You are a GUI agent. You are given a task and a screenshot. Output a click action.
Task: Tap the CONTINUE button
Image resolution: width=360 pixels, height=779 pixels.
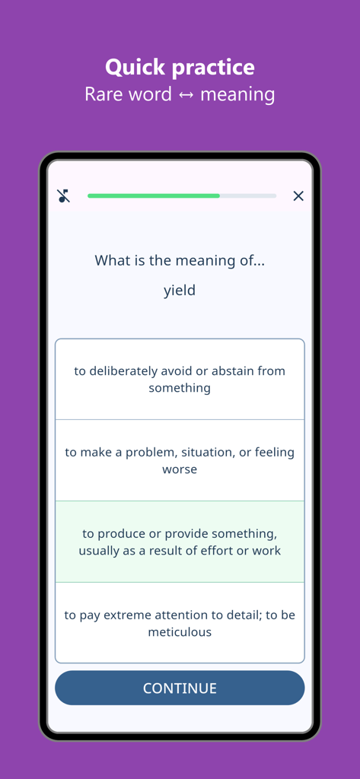tap(180, 688)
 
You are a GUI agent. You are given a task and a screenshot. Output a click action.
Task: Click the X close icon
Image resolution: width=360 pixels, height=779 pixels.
tap(298, 196)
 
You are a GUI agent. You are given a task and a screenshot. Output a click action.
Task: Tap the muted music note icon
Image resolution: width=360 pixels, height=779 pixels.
tap(64, 196)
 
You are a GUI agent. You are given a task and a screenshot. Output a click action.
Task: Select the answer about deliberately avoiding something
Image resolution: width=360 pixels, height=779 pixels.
tap(180, 379)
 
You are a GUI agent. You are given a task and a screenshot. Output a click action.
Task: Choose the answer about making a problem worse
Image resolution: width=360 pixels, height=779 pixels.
tap(180, 460)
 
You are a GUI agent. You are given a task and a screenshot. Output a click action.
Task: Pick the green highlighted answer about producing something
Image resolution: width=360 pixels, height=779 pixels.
tap(180, 542)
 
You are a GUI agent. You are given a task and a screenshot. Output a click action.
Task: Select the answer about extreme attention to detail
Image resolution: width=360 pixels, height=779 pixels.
tap(180, 623)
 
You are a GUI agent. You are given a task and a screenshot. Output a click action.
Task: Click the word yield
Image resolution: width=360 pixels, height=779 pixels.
tap(180, 290)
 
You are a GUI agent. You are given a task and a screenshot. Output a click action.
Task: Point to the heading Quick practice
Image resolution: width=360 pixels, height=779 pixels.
tap(180, 67)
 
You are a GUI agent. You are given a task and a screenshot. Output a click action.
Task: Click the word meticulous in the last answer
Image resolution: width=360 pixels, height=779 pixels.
tap(180, 632)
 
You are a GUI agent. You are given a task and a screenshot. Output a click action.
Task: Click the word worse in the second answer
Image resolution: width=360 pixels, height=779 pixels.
tap(180, 469)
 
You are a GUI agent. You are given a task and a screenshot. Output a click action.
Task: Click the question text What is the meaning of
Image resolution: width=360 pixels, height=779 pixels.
tap(180, 260)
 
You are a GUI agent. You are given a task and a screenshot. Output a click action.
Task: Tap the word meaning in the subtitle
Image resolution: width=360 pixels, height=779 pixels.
tap(237, 95)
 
